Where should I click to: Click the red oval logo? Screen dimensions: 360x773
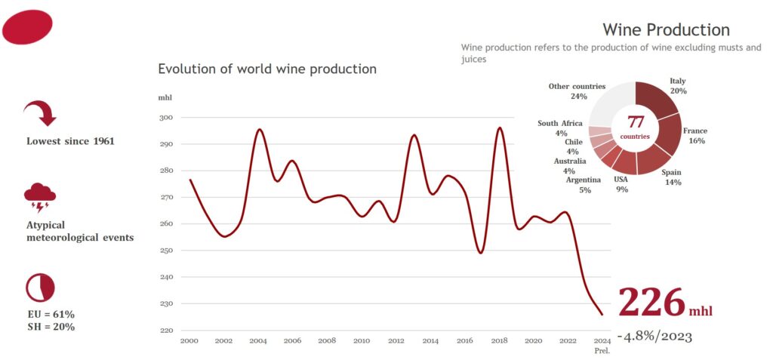tap(28, 27)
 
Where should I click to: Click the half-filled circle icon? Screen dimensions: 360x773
tap(40, 287)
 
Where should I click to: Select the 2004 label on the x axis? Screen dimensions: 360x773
tap(257, 341)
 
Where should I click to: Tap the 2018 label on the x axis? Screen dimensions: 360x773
tap(499, 341)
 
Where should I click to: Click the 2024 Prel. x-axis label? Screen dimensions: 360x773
tap(602, 345)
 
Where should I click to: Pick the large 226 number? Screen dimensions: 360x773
tap(651, 303)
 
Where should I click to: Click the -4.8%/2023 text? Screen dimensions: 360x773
tap(654, 335)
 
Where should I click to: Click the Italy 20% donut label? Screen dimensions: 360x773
tap(678, 85)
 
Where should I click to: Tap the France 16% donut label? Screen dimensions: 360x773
tap(695, 135)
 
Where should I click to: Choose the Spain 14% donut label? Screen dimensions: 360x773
tap(671, 177)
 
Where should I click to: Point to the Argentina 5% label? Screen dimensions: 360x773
tap(583, 184)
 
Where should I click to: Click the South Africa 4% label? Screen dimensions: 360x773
tap(559, 128)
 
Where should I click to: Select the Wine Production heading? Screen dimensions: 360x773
tap(666, 30)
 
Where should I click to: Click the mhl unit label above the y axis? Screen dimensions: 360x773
tap(165, 98)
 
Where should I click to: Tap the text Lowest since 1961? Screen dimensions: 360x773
tap(70, 141)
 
